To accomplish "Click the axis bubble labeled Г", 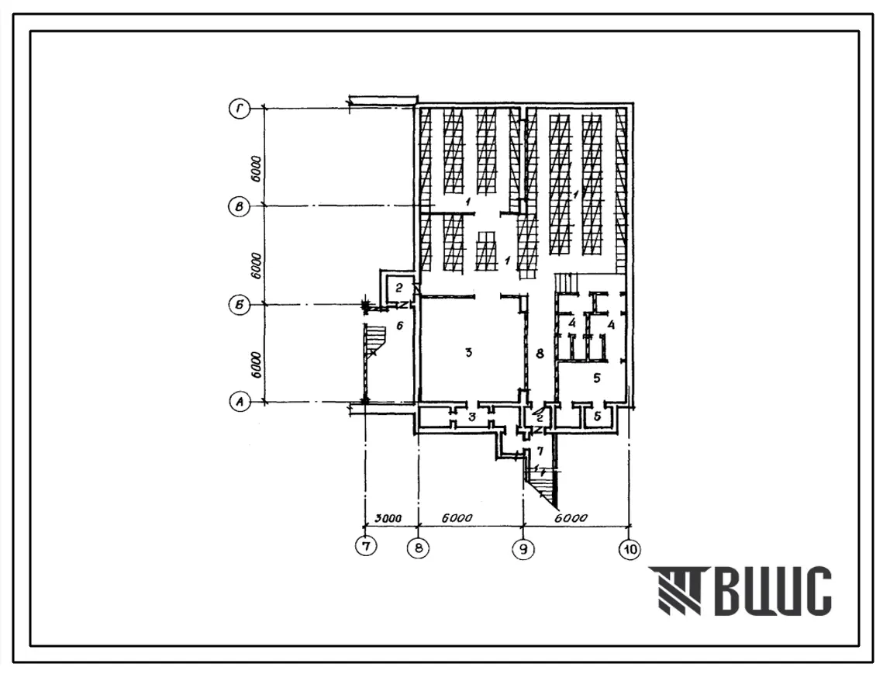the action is [x=240, y=109].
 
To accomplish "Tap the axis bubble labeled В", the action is [x=240, y=207].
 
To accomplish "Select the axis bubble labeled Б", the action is [x=240, y=305].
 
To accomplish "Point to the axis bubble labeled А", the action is [x=240, y=403].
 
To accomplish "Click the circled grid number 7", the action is [x=366, y=546].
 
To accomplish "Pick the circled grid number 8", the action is [x=419, y=548].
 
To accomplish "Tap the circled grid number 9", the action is [x=524, y=549].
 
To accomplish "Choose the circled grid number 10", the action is [x=629, y=549].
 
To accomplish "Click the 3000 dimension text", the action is [x=389, y=517].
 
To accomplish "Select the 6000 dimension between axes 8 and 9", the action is [x=457, y=518].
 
